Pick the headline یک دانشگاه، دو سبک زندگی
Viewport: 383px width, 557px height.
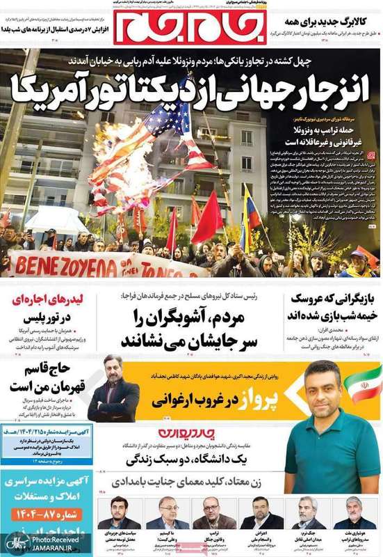188,460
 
